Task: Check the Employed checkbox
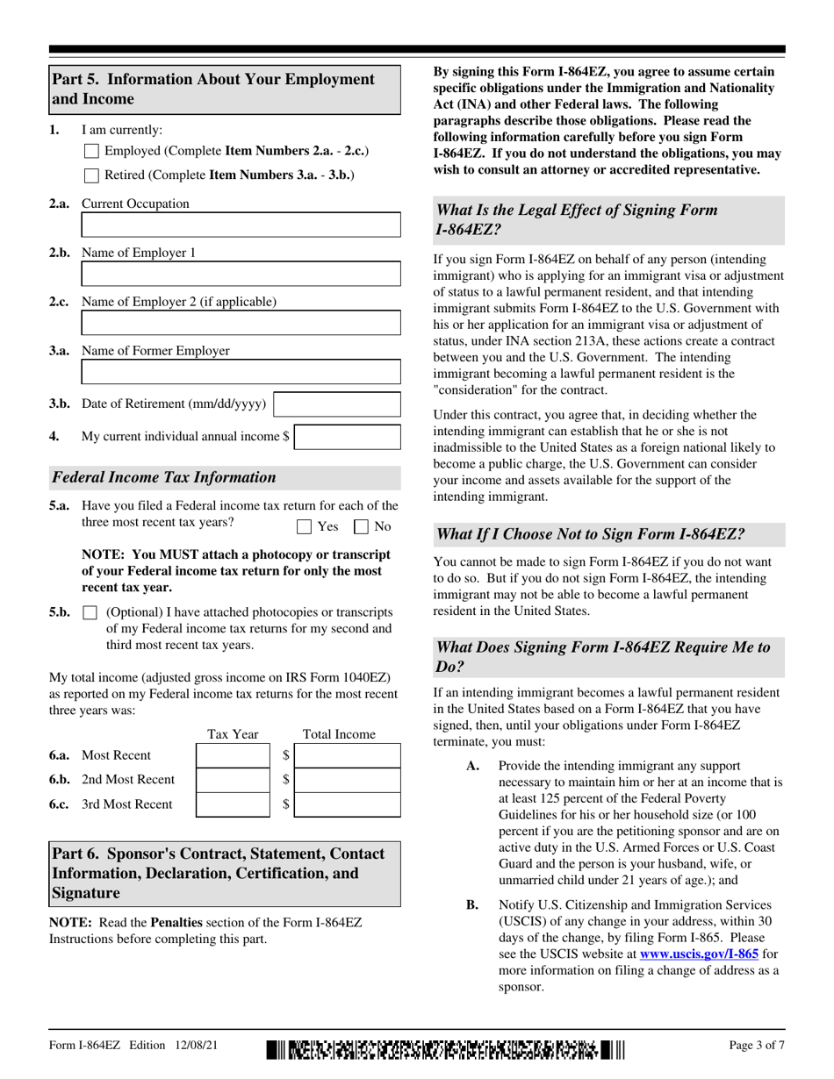tap(91, 152)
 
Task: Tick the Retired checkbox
tap(91, 175)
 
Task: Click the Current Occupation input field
tap(241, 225)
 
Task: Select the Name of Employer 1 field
tap(241, 275)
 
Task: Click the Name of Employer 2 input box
tap(241, 324)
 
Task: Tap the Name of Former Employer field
tap(241, 373)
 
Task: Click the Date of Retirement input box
tap(338, 404)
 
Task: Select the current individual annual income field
tap(348, 437)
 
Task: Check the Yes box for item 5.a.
tap(305, 527)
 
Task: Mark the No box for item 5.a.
tap(361, 527)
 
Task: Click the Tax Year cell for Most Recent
tap(233, 755)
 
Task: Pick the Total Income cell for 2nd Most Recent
tap(348, 780)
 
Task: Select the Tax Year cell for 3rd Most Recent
tap(233, 804)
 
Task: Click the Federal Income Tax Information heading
tap(164, 478)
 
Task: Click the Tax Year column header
tap(233, 734)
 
